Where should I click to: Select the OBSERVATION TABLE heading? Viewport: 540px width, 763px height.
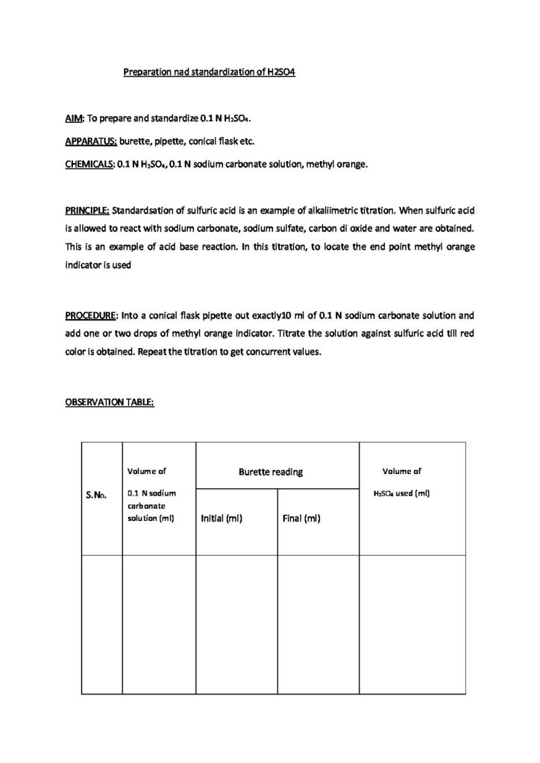tap(109, 402)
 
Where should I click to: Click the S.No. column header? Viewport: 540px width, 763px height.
tap(98, 494)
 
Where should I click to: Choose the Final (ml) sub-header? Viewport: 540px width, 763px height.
tap(302, 519)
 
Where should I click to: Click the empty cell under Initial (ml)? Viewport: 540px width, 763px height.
tap(236, 624)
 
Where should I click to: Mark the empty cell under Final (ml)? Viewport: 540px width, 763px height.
tap(318, 624)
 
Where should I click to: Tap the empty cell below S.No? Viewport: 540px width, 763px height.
tap(101, 624)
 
